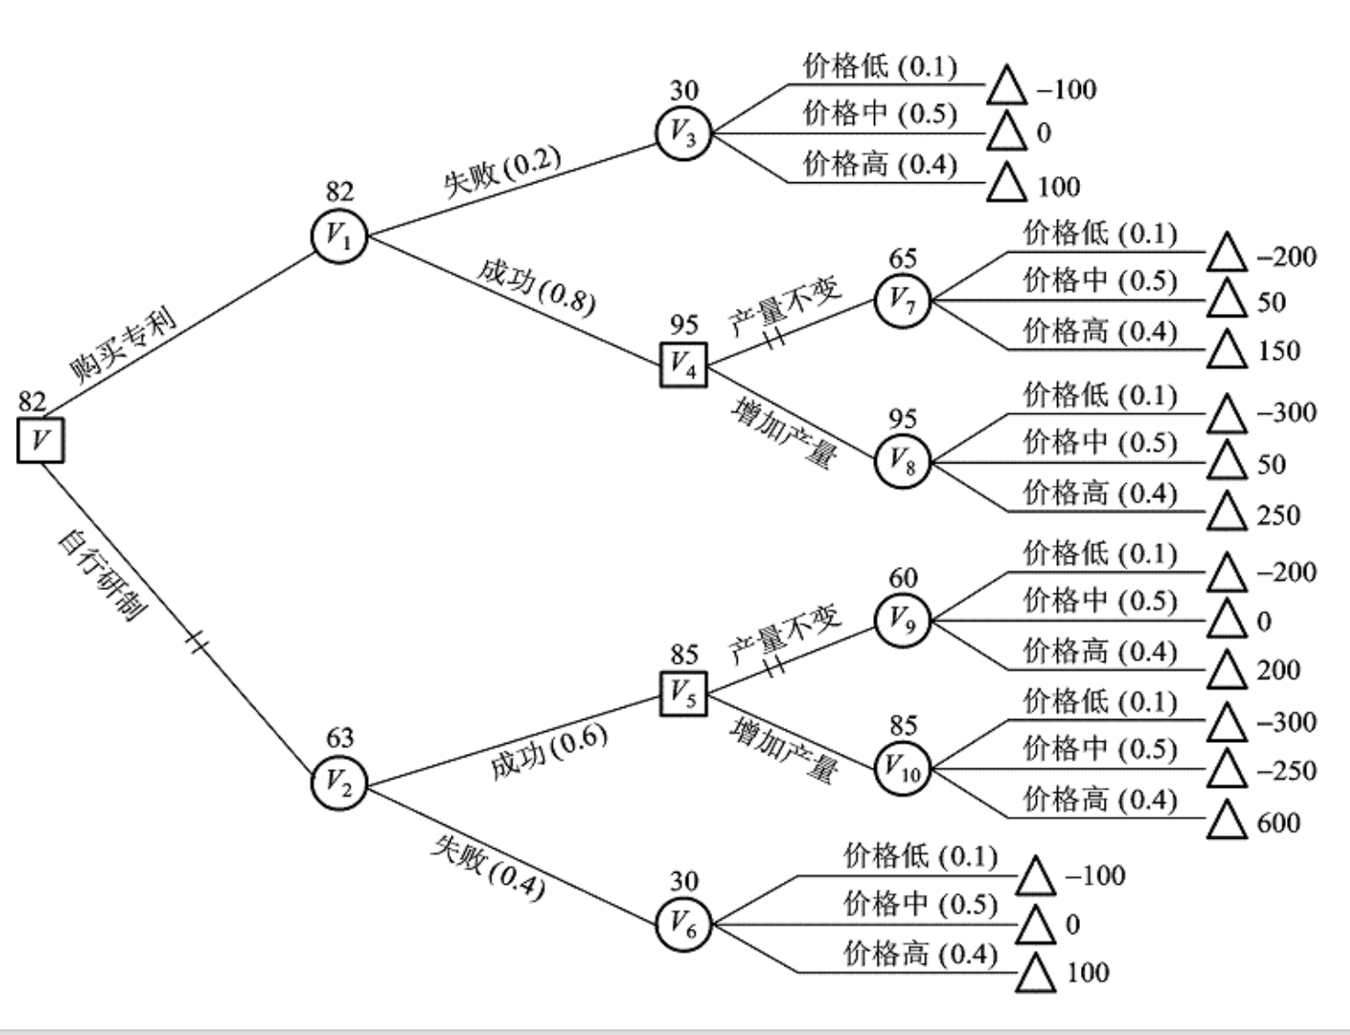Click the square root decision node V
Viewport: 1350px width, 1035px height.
pyautogui.click(x=40, y=440)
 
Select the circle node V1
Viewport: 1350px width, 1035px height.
pyautogui.click(x=340, y=236)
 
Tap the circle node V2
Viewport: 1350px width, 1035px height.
pyautogui.click(x=340, y=783)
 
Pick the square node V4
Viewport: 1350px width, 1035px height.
pyautogui.click(x=684, y=364)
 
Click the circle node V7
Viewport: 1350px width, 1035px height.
pyautogui.click(x=902, y=300)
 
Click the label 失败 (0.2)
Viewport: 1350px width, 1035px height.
pyautogui.click(x=502, y=171)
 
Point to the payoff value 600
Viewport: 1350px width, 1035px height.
pyautogui.click(x=1279, y=823)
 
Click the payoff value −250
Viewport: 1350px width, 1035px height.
pyautogui.click(x=1287, y=770)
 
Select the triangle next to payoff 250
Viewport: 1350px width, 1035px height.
pyautogui.click(x=1226, y=511)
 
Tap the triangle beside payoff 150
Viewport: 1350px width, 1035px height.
pyautogui.click(x=1226, y=349)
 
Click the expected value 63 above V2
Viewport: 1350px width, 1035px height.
pyautogui.click(x=340, y=737)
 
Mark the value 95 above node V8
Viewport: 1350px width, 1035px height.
pyautogui.click(x=902, y=419)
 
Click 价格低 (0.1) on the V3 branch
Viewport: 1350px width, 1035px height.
pyautogui.click(x=880, y=66)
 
